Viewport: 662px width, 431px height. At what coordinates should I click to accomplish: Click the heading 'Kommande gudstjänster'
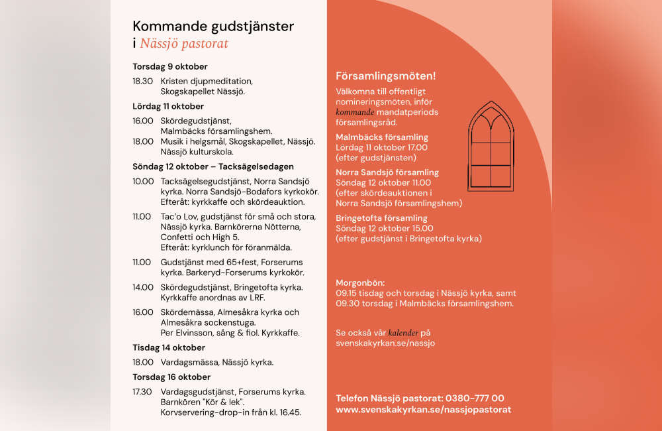tap(213, 27)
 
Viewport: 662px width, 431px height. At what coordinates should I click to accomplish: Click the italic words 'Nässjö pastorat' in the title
tap(184, 44)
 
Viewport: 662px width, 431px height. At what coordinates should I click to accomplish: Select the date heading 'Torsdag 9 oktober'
tap(169, 66)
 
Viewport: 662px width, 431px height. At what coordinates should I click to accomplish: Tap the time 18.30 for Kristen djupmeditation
tap(142, 81)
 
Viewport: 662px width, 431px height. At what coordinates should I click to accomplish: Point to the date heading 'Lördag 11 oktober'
tap(168, 106)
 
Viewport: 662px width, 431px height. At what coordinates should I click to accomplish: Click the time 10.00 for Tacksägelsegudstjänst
tap(143, 181)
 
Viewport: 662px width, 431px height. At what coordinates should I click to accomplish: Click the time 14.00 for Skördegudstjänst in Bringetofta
tap(142, 287)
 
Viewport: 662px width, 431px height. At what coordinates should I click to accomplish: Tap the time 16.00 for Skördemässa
tap(143, 312)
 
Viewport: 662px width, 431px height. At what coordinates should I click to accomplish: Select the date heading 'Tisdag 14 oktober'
tap(169, 347)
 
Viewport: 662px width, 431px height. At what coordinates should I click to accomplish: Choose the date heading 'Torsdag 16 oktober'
tap(171, 377)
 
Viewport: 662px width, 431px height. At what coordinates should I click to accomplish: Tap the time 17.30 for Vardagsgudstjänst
tap(142, 391)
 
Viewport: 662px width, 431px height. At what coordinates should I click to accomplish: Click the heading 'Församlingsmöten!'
tap(385, 76)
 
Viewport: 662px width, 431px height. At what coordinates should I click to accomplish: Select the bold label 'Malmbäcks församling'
tap(382, 137)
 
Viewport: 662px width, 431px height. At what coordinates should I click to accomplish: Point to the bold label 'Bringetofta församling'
tap(381, 217)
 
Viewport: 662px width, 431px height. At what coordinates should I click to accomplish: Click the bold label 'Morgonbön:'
tap(360, 282)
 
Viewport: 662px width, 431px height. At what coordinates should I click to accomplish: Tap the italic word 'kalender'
tap(403, 333)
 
